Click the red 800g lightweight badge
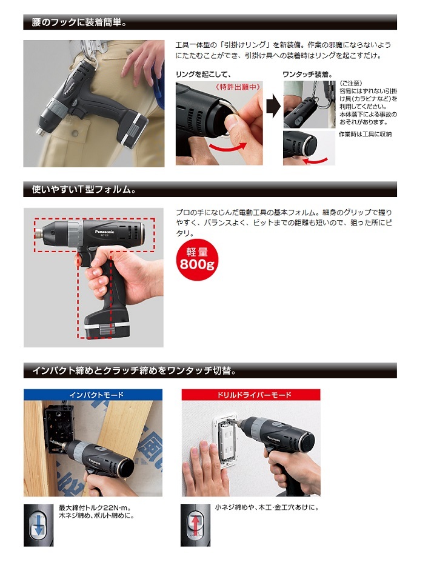[197, 259]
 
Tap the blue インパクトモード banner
[93, 395]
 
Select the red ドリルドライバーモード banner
[251, 395]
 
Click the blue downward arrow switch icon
[38, 526]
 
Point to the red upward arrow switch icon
[195, 526]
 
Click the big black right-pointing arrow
[273, 106]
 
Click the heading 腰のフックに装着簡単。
[79, 22]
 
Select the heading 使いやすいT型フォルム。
[84, 189]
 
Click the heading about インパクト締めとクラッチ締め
[135, 370]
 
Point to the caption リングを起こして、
[204, 74]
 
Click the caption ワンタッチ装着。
[307, 74]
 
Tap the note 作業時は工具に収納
[365, 134]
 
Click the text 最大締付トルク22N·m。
[95, 508]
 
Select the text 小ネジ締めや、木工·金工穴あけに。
[267, 507]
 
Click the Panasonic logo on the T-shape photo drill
[105, 232]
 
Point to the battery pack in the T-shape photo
[107, 323]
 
